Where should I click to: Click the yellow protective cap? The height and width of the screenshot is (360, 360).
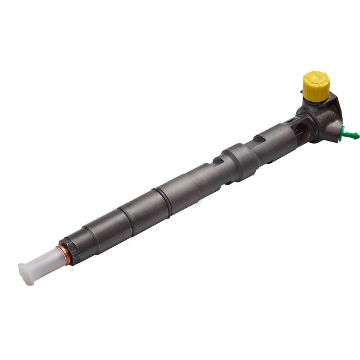[315, 86]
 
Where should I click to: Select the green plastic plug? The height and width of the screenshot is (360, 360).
[350, 135]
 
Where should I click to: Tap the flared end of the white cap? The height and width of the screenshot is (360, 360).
[24, 274]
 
